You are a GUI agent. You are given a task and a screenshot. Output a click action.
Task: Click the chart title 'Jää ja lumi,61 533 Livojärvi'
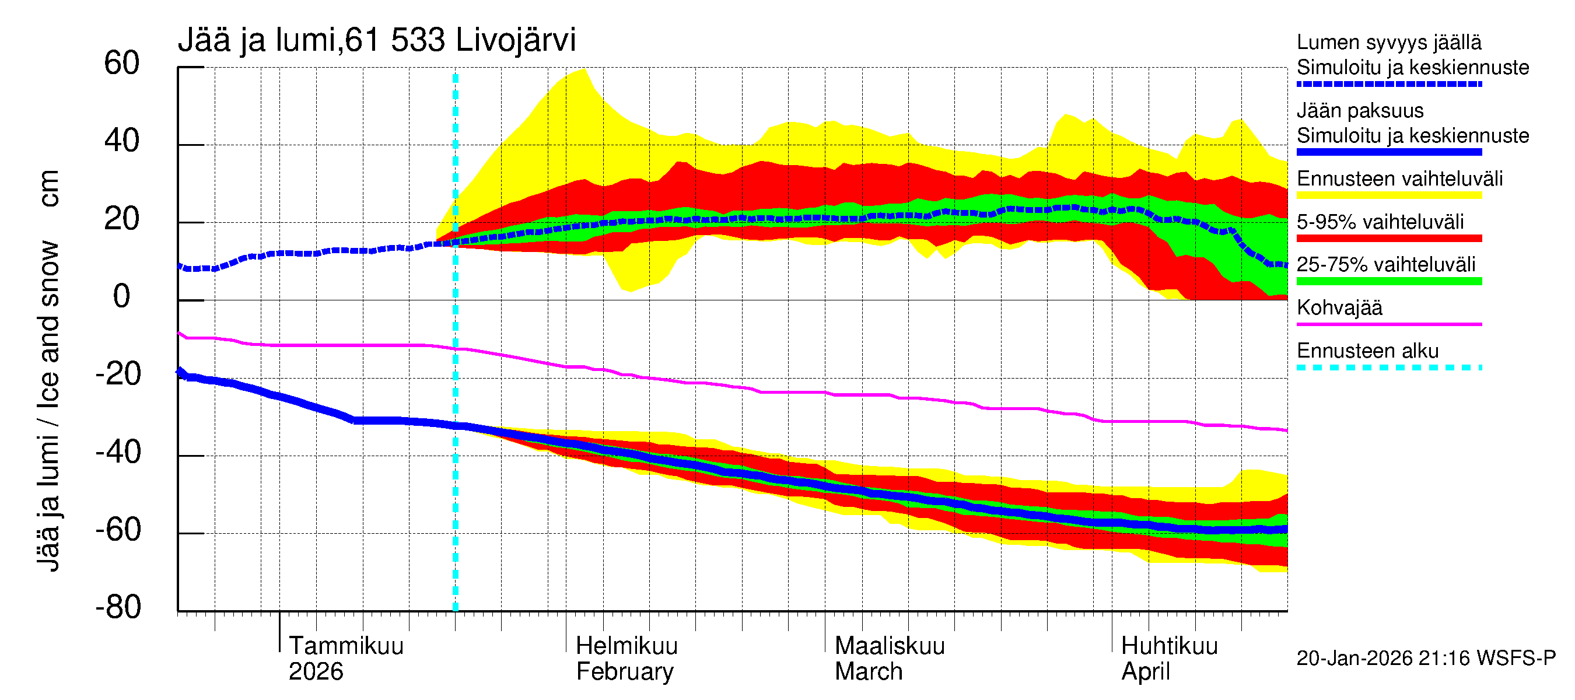[x=376, y=40]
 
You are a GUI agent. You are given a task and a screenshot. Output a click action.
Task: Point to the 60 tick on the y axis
[x=122, y=63]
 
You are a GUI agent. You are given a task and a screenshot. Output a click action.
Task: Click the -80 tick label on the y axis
[x=118, y=607]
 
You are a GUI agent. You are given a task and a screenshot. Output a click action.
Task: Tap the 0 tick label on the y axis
[x=122, y=296]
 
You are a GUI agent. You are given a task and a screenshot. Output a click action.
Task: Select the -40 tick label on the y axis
[x=118, y=453]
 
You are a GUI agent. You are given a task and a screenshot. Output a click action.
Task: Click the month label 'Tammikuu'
[x=346, y=646]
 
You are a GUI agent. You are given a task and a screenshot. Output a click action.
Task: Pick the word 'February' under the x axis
[x=624, y=671]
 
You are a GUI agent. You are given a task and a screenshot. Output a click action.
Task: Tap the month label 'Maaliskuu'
[x=890, y=646]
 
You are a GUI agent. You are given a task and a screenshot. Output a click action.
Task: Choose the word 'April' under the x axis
[x=1145, y=671]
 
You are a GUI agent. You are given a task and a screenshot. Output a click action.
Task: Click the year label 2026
[x=316, y=671]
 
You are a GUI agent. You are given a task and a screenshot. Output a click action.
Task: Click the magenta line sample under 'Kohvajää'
[x=1388, y=324]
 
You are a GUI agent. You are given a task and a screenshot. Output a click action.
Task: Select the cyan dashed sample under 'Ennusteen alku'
[x=1388, y=367]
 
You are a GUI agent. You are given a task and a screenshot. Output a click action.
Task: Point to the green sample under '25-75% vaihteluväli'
[x=1388, y=281]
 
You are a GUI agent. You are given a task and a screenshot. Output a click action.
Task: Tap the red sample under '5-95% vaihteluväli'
[x=1388, y=239]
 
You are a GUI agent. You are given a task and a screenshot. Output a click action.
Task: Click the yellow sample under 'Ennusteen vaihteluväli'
[x=1388, y=195]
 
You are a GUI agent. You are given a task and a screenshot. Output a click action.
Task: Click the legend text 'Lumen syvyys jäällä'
[x=1388, y=42]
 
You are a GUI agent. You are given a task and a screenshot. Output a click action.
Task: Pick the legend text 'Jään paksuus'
[x=1360, y=111]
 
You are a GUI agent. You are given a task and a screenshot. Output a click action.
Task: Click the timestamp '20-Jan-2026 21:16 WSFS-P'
[x=1426, y=658]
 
